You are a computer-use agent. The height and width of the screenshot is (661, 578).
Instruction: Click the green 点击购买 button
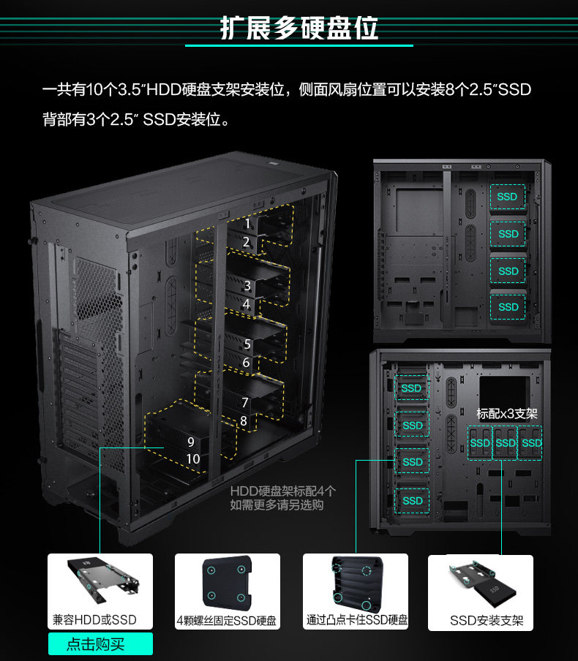click(x=100, y=644)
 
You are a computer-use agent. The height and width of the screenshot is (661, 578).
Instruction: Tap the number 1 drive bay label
click(x=247, y=223)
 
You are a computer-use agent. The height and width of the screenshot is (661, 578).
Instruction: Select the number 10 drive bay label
click(x=193, y=459)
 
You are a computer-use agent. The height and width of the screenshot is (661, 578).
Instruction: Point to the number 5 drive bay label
click(x=247, y=344)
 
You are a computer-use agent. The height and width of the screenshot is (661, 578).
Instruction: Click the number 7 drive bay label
click(x=245, y=402)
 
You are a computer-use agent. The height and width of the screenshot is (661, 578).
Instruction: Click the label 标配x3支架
click(x=506, y=413)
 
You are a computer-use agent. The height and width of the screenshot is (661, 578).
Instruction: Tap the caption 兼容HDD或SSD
click(x=94, y=620)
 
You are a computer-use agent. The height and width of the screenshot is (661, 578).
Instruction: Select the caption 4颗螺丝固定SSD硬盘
click(x=227, y=621)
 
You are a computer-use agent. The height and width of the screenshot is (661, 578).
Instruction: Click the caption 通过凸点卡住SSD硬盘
click(x=357, y=620)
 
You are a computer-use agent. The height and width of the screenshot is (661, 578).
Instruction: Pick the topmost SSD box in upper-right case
click(x=507, y=197)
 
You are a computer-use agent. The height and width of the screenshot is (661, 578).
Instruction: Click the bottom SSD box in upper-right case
click(x=508, y=307)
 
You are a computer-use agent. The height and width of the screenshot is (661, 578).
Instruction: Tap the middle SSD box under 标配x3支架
click(x=506, y=443)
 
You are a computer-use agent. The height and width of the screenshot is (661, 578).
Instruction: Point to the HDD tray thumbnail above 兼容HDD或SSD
click(x=100, y=581)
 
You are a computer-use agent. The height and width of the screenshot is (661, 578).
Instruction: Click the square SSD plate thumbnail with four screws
click(x=227, y=583)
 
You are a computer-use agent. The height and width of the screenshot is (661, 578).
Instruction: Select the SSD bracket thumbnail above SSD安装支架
click(x=480, y=582)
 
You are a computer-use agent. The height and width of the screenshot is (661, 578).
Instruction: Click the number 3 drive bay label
click(x=247, y=286)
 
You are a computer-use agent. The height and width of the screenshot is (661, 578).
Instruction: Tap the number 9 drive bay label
click(x=190, y=442)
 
